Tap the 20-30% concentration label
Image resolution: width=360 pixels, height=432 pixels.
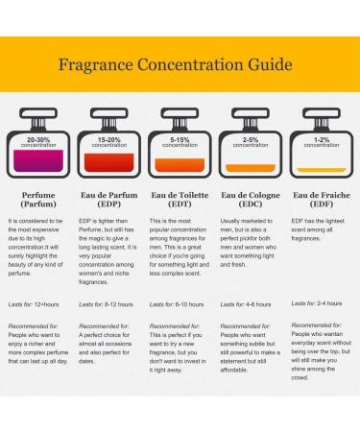(38, 142)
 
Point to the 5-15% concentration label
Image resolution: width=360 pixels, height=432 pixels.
(180, 142)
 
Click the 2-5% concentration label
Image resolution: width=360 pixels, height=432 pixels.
(251, 142)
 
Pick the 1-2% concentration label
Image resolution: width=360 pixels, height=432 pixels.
(322, 142)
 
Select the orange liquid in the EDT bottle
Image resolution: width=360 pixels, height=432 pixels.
(180, 170)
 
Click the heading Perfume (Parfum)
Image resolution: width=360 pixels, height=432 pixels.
(38, 199)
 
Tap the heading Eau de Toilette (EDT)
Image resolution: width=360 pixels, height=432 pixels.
(180, 199)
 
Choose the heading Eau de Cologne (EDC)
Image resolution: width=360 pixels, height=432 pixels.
(251, 199)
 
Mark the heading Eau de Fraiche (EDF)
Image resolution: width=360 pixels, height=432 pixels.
(322, 199)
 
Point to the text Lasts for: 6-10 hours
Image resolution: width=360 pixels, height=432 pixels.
(177, 304)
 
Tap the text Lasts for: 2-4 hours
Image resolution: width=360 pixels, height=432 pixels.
(316, 304)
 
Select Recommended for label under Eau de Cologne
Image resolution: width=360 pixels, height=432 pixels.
(246, 326)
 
